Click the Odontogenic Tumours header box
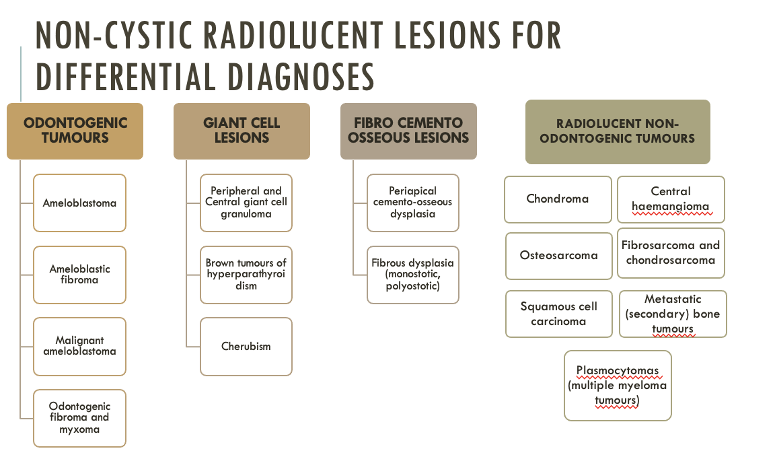(75, 131)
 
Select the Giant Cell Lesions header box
(242, 131)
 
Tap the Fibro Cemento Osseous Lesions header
(408, 131)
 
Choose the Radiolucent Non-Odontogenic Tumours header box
(617, 131)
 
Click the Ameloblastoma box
(79, 203)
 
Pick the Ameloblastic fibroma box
(79, 275)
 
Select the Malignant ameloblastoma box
(79, 346)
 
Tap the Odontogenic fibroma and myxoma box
(79, 418)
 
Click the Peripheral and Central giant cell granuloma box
(246, 203)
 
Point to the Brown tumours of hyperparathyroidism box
(246, 275)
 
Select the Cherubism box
(246, 347)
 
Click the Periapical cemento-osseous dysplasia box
(413, 203)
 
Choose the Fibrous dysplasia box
(413, 275)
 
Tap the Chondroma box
(558, 199)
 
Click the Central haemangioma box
(671, 199)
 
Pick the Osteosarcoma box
(558, 256)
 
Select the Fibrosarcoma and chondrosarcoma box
(671, 253)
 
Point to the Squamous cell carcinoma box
(559, 314)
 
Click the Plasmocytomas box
(618, 386)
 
